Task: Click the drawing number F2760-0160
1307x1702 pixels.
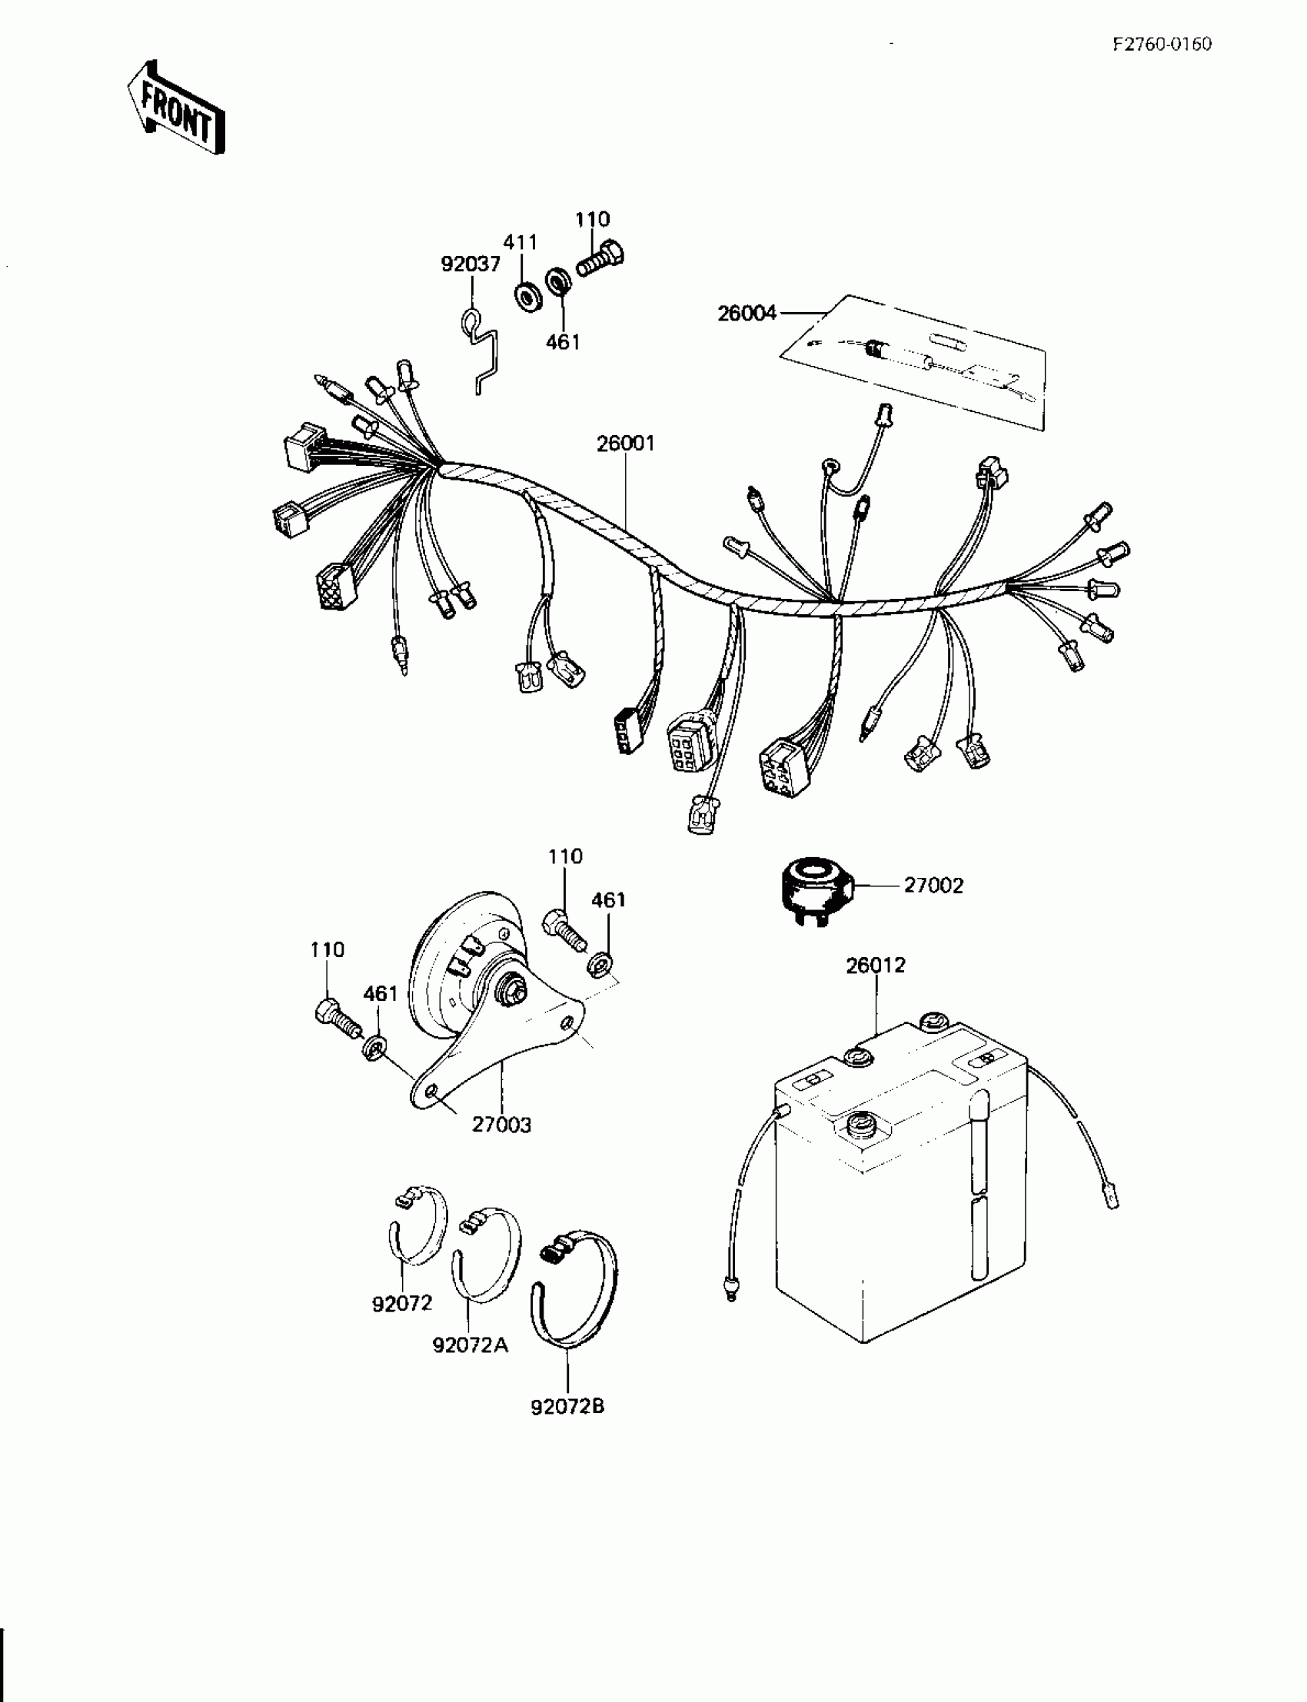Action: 1161,45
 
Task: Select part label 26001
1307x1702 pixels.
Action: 626,444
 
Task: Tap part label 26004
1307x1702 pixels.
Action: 747,313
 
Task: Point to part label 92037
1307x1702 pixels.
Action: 471,264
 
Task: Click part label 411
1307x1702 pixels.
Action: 520,242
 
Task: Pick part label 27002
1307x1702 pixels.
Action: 933,886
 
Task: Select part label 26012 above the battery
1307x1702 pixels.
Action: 875,965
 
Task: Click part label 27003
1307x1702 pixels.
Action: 501,1124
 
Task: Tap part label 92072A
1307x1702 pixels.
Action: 470,1345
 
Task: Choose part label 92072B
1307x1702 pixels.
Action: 567,1406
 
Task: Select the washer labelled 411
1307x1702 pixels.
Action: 529,298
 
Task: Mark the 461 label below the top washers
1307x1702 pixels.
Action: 563,341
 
